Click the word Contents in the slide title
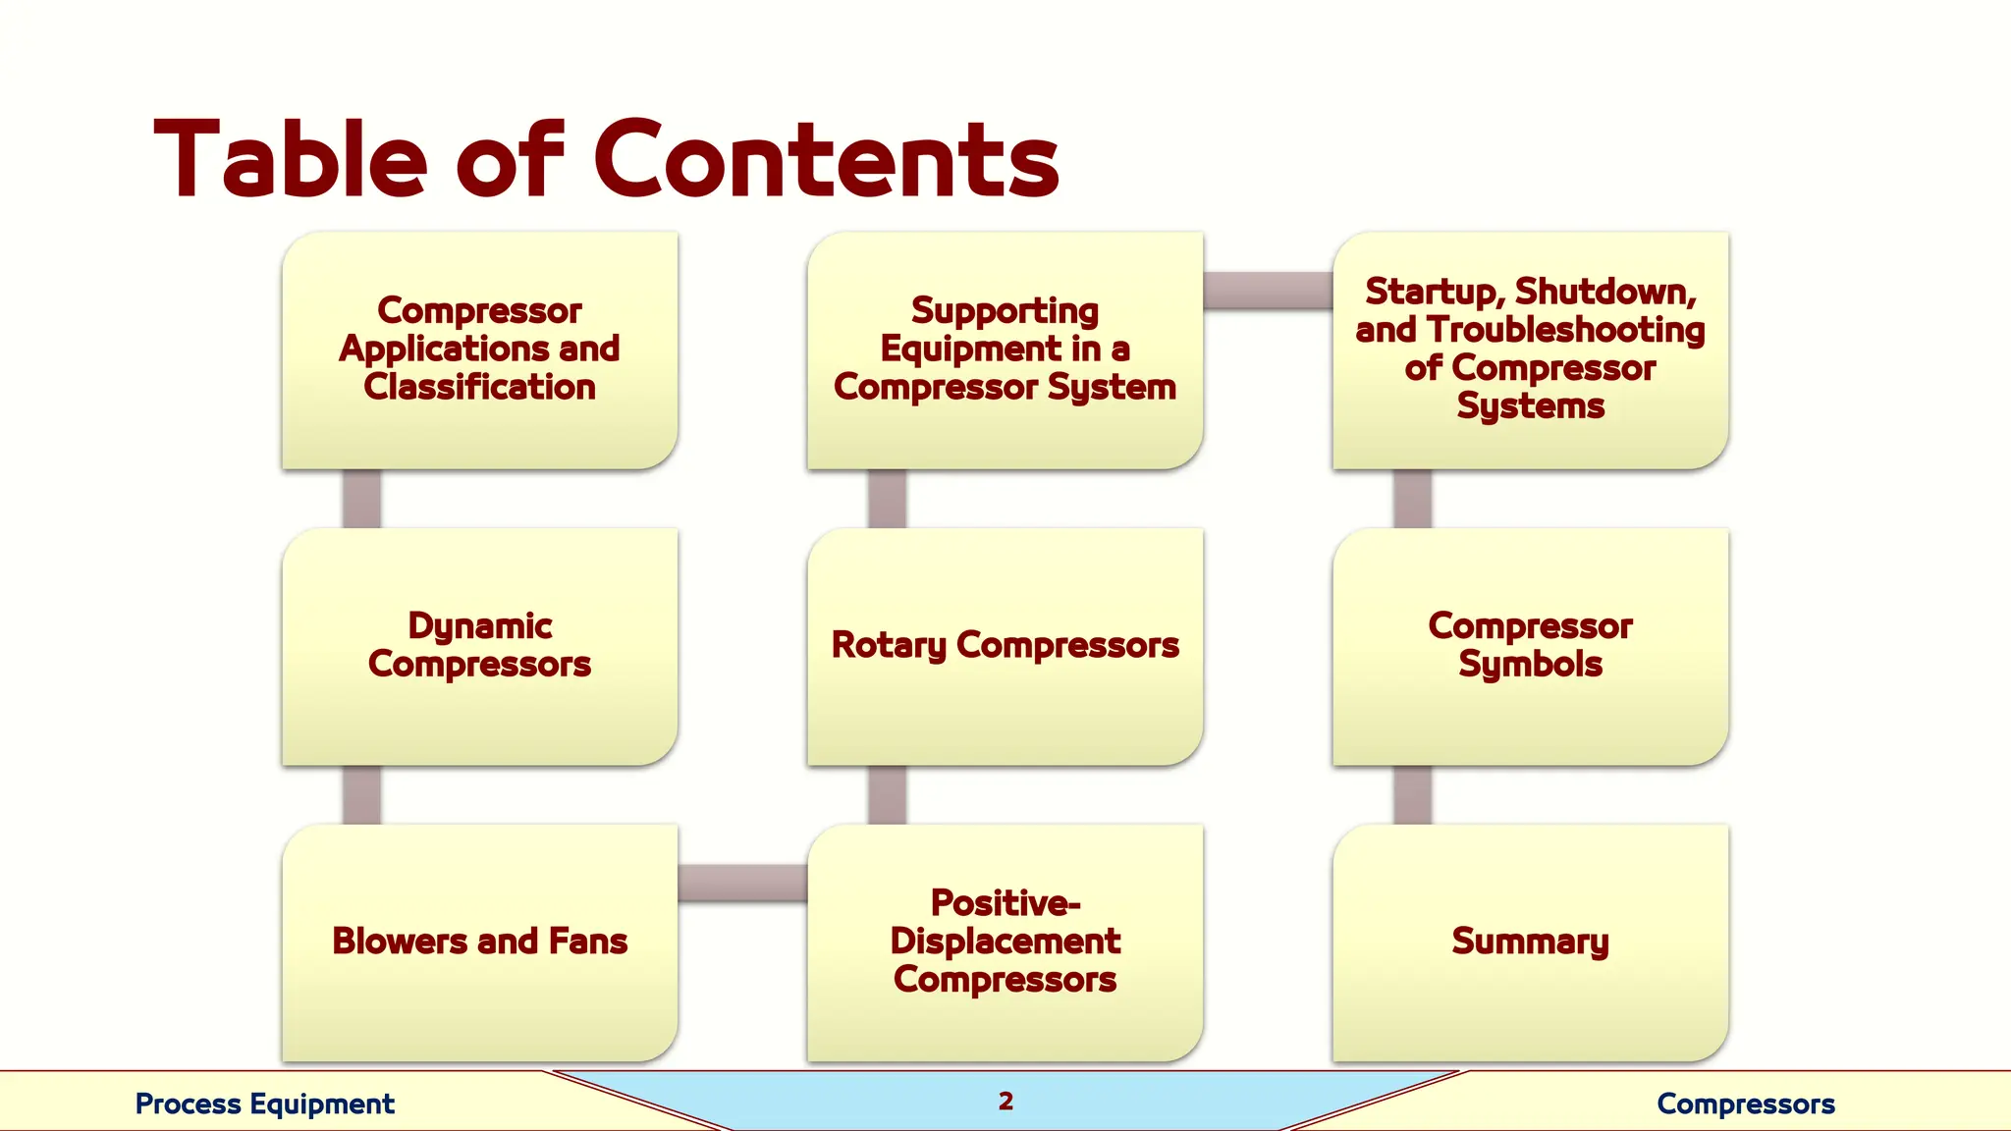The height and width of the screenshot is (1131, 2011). pyautogui.click(x=826, y=160)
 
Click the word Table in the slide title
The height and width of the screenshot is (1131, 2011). pyautogui.click(x=291, y=160)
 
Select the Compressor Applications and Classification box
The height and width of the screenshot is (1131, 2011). pyautogui.click(x=479, y=350)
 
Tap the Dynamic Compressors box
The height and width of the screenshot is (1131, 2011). pyautogui.click(x=479, y=646)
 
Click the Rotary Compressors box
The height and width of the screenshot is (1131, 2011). pyautogui.click(x=1005, y=646)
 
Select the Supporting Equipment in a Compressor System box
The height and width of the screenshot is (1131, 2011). pyautogui.click(x=1005, y=350)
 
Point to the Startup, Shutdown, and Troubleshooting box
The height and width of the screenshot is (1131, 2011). pyautogui.click(x=1530, y=350)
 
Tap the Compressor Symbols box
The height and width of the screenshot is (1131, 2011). pyautogui.click(x=1530, y=646)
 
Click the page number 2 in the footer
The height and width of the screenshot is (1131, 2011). pyautogui.click(x=1005, y=1102)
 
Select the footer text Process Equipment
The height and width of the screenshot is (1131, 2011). pyautogui.click(x=264, y=1104)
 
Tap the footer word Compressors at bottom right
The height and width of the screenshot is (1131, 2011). pyautogui.click(x=1745, y=1104)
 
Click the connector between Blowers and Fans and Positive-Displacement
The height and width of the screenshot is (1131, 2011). pyautogui.click(x=742, y=883)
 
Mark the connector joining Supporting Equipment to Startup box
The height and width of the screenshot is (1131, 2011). pyautogui.click(x=1268, y=291)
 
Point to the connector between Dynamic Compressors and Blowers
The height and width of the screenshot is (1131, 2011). pyautogui.click(x=361, y=794)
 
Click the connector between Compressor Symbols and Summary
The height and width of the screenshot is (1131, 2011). pyautogui.click(x=1412, y=794)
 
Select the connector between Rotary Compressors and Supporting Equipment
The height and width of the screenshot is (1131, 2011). pyautogui.click(x=887, y=499)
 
